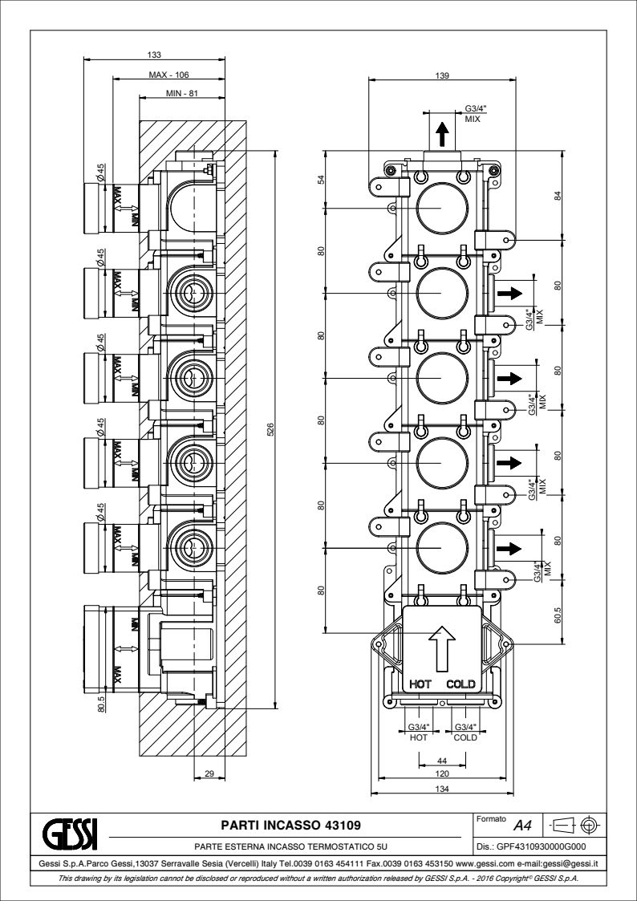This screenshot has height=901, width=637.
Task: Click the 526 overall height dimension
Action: point(271,429)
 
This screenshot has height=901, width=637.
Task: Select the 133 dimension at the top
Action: point(154,55)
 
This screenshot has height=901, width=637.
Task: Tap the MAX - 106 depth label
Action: point(168,74)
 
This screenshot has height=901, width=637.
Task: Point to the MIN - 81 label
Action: point(181,93)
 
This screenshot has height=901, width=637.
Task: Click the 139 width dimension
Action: point(442,75)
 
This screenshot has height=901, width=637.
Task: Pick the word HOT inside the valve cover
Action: point(420,684)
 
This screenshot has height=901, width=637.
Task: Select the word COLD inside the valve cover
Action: point(461,684)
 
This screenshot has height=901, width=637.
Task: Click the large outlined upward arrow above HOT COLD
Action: point(442,648)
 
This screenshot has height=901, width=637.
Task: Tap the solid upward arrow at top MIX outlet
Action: point(442,134)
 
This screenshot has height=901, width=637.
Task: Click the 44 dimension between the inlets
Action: point(442,761)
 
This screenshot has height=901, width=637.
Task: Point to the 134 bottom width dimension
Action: point(442,789)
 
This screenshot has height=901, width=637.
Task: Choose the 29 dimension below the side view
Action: point(209,774)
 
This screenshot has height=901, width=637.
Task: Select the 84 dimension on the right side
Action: point(558,195)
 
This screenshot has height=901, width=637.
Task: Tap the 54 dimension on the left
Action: point(322,179)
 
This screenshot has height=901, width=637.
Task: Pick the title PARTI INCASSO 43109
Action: point(291,826)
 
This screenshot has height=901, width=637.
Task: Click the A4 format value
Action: point(523,826)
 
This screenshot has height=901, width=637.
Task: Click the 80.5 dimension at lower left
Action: point(101,704)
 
